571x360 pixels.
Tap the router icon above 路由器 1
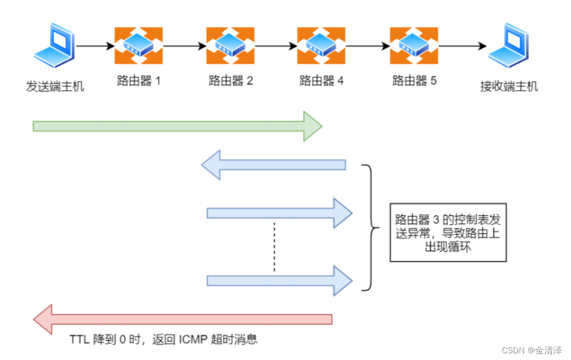click(139, 46)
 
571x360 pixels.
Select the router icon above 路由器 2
click(230, 46)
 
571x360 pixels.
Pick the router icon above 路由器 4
click(322, 46)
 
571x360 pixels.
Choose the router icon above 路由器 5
click(414, 46)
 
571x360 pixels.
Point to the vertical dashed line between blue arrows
click(274, 246)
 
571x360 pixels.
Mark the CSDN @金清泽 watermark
click(532, 350)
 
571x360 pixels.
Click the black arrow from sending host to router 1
click(95, 46)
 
